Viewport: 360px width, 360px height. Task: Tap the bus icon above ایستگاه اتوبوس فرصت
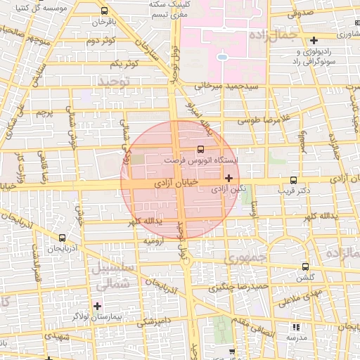(201, 149)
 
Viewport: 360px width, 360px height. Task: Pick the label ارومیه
(154, 241)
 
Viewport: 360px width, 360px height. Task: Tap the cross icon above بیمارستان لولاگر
(97, 305)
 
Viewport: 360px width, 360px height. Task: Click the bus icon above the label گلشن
(305, 266)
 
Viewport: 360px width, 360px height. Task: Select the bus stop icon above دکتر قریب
(292, 179)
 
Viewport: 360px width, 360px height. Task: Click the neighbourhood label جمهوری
(243, 259)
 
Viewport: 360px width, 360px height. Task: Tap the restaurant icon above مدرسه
(296, 326)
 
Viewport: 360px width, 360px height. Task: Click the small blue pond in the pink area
(223, 56)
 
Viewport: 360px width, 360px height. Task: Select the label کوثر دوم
(101, 41)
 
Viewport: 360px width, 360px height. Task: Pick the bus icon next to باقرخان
(104, 11)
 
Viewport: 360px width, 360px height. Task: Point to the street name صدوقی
(299, 13)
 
